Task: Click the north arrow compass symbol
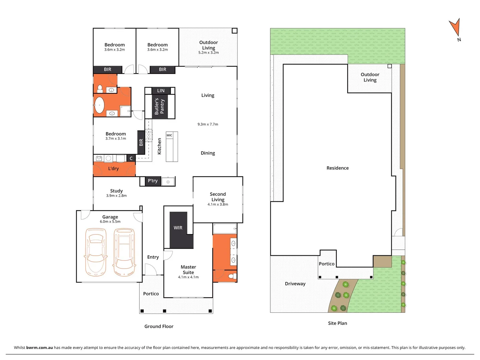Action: (x=455, y=29)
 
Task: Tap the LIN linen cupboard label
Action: (x=161, y=91)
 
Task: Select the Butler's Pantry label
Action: (x=159, y=106)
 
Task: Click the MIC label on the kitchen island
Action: (x=169, y=135)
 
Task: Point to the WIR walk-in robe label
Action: (x=178, y=228)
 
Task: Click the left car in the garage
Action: (x=96, y=252)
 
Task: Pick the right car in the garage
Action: (x=124, y=252)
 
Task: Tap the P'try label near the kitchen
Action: (x=153, y=181)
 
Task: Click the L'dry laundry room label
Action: (x=113, y=169)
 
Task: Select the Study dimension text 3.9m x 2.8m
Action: (x=116, y=196)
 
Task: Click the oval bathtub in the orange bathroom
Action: (x=99, y=105)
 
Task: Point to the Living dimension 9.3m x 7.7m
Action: (x=208, y=124)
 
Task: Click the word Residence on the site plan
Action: (x=337, y=168)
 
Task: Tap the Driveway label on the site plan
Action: (x=295, y=284)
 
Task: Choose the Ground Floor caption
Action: (x=159, y=326)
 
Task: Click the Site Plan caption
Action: (x=337, y=323)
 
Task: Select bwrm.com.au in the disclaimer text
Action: (x=39, y=347)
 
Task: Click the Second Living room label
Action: (x=218, y=197)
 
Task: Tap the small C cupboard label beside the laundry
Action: (x=131, y=158)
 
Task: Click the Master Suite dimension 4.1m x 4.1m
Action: (x=188, y=277)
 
